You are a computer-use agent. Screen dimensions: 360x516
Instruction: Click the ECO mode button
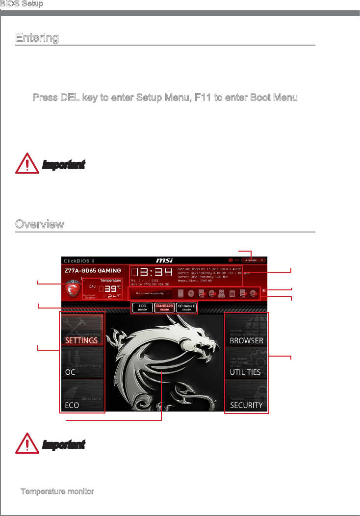(x=142, y=308)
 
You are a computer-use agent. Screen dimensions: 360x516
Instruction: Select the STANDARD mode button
(x=164, y=308)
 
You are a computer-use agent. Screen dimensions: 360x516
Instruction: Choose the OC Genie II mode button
(x=186, y=308)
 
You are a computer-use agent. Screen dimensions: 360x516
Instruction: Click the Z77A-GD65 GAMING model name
(x=93, y=270)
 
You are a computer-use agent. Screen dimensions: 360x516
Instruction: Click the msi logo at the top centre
(x=164, y=260)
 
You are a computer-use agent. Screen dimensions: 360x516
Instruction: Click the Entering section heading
(x=37, y=38)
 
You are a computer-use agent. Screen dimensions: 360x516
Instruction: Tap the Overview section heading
(x=39, y=224)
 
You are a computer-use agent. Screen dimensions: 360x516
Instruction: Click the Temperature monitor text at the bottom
(x=57, y=491)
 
